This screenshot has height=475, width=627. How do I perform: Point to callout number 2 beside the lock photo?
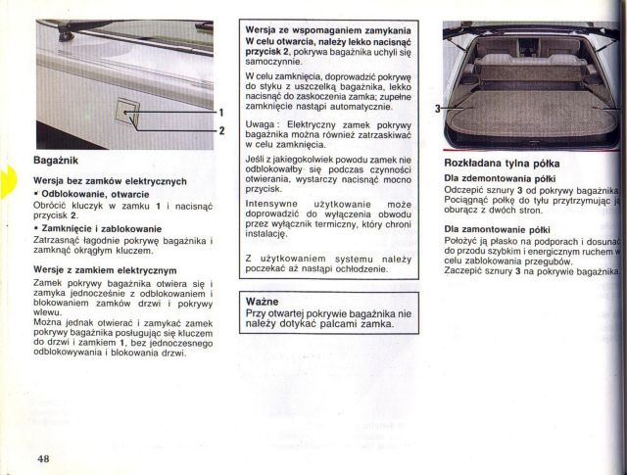tap(222, 130)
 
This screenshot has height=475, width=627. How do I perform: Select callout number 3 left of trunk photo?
tap(438, 108)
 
